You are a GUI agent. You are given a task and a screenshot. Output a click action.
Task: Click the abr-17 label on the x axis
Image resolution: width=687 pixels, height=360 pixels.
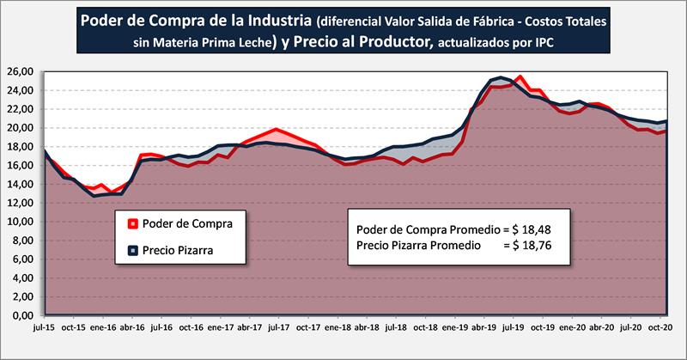point(250,327)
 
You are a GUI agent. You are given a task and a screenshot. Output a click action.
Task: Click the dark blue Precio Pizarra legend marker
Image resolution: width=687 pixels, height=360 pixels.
point(132,251)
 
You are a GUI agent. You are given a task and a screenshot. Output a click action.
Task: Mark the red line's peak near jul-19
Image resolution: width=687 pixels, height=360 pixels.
point(520,77)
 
